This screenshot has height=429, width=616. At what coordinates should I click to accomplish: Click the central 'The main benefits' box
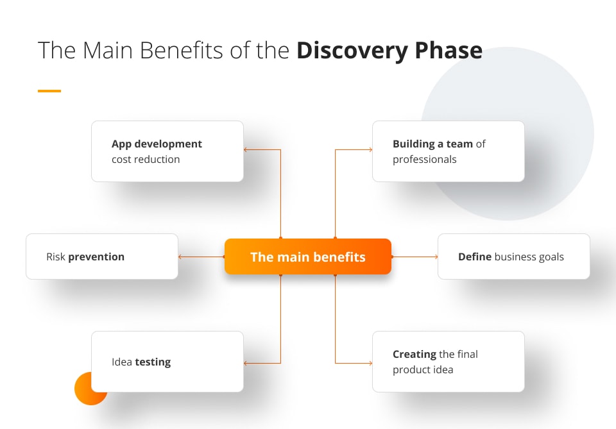point(307,257)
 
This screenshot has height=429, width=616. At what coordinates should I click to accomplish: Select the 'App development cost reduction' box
point(167,151)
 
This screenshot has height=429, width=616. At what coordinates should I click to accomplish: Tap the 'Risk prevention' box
point(101,257)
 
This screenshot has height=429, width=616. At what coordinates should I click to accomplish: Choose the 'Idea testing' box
point(167,362)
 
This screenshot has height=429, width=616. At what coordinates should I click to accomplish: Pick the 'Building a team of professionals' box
point(448,151)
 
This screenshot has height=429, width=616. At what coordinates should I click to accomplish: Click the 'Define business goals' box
point(513,257)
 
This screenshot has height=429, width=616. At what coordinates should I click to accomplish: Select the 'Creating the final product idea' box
point(448,362)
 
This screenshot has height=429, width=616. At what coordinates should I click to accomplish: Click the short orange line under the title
point(49,91)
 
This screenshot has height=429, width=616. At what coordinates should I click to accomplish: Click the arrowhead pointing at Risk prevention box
point(180,257)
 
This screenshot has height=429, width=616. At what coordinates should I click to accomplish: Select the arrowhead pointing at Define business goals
point(436,257)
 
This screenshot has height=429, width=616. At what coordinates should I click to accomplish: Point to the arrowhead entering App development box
point(246,150)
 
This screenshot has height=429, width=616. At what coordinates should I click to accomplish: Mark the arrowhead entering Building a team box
point(370,150)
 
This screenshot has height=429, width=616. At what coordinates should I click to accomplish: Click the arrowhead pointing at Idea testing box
point(246,364)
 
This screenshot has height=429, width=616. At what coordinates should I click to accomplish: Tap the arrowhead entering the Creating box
point(370,364)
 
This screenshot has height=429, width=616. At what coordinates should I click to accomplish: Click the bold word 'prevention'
point(96,257)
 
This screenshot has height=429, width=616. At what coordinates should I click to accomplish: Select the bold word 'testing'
point(153,362)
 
